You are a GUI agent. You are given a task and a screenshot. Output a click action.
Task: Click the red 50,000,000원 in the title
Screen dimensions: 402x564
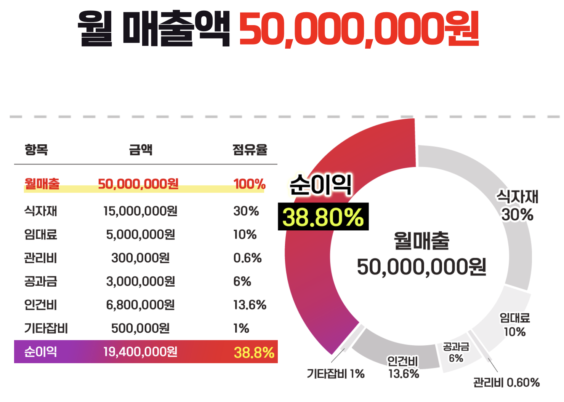click(358, 29)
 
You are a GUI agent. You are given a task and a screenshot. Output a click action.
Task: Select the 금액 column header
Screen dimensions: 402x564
click(141, 150)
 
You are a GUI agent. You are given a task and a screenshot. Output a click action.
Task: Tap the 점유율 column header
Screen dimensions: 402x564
click(250, 150)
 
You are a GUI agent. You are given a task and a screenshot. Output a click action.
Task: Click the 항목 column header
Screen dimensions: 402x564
click(36, 150)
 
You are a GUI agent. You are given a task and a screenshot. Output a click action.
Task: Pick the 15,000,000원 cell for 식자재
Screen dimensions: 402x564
click(140, 211)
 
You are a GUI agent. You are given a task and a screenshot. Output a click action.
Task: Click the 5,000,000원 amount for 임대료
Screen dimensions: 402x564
click(140, 234)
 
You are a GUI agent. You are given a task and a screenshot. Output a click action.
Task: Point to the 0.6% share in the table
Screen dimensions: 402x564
click(247, 258)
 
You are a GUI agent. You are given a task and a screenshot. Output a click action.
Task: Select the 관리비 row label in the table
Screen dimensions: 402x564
click(40, 258)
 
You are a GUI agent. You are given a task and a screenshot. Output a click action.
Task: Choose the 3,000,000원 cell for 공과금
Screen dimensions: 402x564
click(140, 282)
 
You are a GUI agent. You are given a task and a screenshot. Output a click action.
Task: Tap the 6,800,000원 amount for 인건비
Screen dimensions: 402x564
click(140, 305)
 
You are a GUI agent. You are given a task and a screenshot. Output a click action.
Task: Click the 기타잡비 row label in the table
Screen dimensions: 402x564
click(46, 328)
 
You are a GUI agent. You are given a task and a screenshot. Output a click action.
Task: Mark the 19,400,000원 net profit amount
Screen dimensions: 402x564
click(140, 352)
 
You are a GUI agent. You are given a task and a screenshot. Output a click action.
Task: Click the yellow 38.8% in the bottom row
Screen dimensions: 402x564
click(254, 353)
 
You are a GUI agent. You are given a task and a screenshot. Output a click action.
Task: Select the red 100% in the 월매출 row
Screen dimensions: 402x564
click(249, 184)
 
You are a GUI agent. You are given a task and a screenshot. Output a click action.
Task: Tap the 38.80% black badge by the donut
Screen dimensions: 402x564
click(323, 217)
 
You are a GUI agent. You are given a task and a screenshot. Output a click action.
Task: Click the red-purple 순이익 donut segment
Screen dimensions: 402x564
click(316, 289)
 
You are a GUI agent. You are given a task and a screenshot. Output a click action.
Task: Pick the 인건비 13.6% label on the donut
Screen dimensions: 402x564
click(403, 367)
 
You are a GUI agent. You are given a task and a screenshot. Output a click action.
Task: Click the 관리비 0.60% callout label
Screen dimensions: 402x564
click(506, 383)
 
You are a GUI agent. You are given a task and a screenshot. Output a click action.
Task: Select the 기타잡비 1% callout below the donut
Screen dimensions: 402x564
click(336, 374)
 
